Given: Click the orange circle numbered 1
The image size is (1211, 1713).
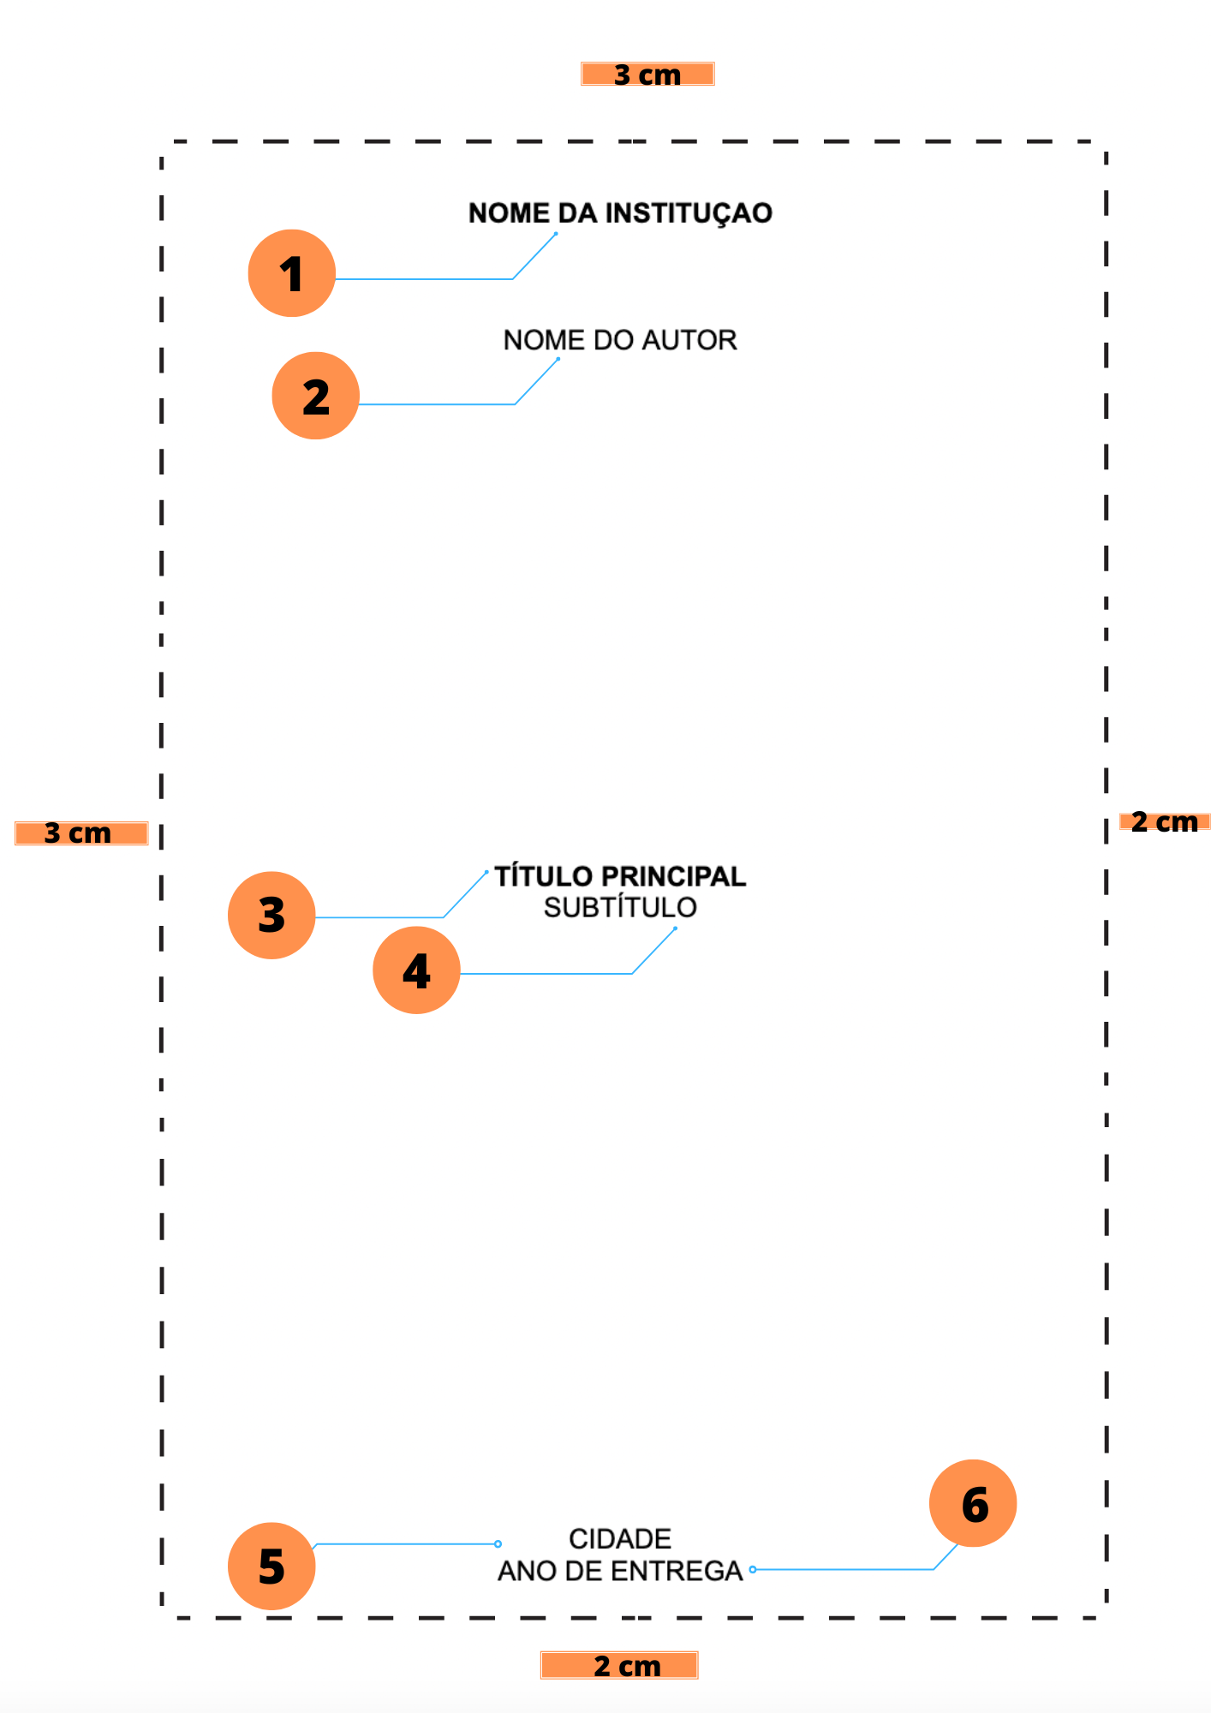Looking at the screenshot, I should [291, 273].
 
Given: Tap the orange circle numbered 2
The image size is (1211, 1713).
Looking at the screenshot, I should [315, 396].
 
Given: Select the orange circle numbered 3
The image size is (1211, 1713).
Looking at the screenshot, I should [271, 915].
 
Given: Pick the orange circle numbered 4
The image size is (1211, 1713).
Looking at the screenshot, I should [416, 970].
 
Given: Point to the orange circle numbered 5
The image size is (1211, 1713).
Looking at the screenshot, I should [271, 1566].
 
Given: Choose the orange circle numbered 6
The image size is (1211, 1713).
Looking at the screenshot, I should [973, 1503].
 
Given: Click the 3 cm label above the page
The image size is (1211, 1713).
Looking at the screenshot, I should [647, 75].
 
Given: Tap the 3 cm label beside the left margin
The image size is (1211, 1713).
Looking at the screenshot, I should [81, 833].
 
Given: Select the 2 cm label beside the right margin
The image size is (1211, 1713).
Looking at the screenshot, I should [1164, 822].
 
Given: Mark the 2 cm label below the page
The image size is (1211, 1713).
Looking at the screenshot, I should [619, 1665].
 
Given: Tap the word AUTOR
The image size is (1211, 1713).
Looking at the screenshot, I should [689, 340].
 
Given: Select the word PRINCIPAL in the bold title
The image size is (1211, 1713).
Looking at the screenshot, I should [673, 876].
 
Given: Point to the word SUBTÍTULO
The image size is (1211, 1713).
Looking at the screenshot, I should [620, 907].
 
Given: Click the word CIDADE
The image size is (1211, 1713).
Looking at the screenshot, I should [620, 1538].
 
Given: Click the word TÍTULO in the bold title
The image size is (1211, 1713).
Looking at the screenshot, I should [543, 876].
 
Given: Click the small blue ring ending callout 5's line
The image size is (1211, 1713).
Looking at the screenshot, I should [498, 1544].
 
